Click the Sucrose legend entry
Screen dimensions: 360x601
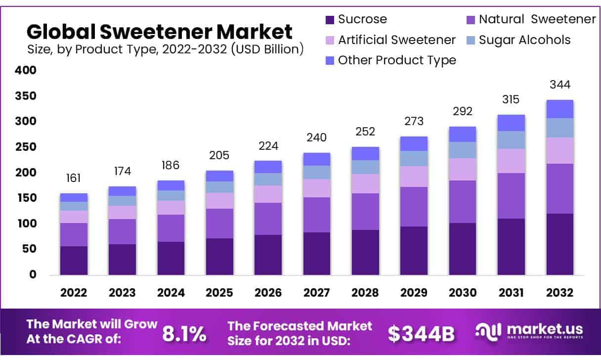[356, 20]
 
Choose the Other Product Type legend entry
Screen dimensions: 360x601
[390, 60]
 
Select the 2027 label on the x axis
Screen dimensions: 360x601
[316, 293]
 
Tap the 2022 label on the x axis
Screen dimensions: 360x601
[74, 293]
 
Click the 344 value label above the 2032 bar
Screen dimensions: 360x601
[559, 85]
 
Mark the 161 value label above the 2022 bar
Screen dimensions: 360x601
[74, 178]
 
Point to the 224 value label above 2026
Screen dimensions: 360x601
[268, 146]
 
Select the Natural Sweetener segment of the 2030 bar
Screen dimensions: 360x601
[462, 202]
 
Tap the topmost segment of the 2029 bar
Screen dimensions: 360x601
[414, 143]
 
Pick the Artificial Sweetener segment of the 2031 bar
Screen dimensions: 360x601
[511, 161]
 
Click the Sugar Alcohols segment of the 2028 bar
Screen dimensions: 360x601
[365, 167]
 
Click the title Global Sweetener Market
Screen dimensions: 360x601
[160, 32]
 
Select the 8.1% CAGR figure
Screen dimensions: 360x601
[184, 334]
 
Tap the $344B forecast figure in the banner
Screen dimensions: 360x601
[421, 334]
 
